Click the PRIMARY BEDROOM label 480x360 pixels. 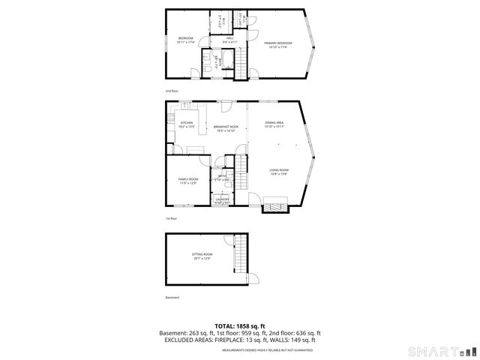(277, 43)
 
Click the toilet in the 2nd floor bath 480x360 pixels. (205, 67)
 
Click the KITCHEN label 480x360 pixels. (186, 123)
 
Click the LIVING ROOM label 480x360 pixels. (279, 171)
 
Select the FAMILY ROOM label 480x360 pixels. (187, 179)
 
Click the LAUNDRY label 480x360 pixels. (222, 199)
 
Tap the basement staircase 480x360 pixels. (240, 255)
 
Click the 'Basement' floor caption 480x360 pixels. (172, 298)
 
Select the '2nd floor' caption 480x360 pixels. (172, 90)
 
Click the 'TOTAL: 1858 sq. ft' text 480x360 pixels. (239, 326)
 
